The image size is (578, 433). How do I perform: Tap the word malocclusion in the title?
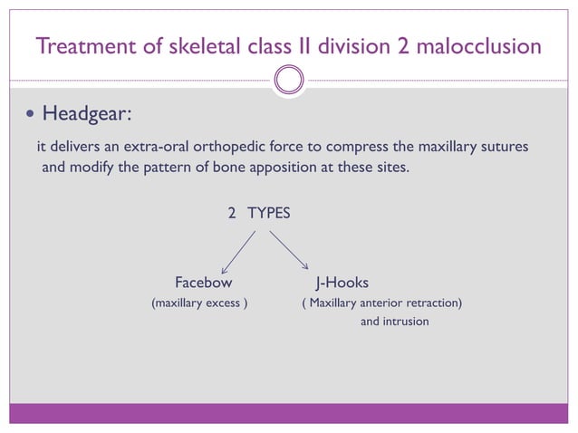[482, 45]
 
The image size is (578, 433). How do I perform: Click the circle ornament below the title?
[289, 80]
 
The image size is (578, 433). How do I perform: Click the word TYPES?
[269, 214]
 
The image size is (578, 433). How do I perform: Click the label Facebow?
[203, 282]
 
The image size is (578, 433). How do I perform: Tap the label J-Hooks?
[341, 282]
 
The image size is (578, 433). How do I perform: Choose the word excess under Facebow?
[222, 302]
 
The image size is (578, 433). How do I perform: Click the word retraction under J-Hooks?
[430, 302]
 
